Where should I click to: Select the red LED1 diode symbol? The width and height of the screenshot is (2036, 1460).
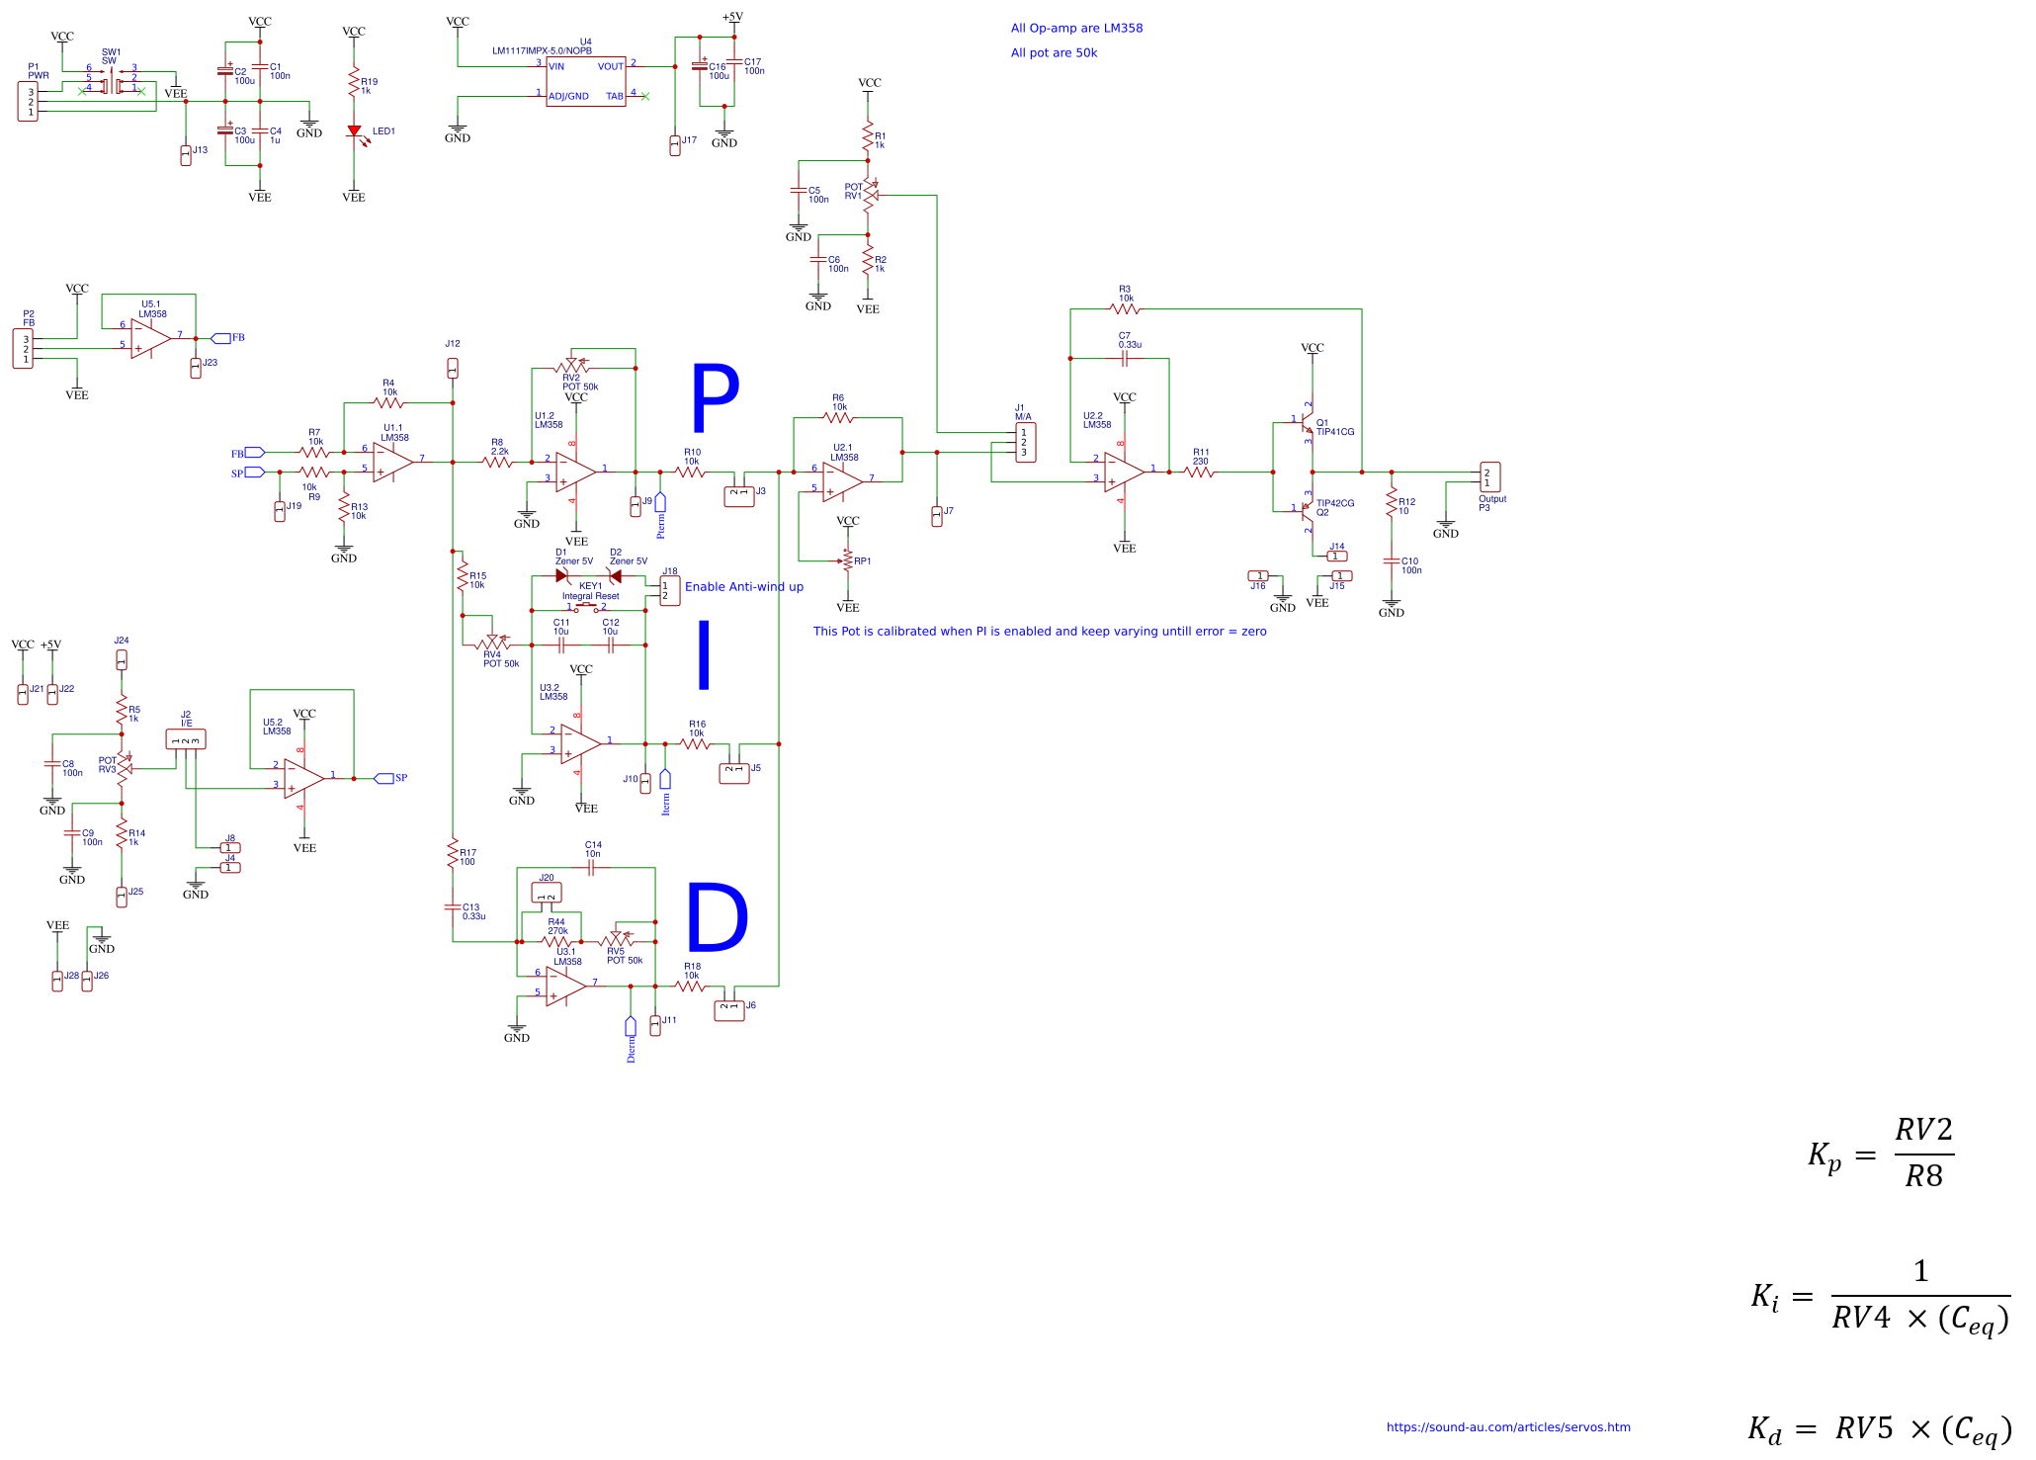click(354, 131)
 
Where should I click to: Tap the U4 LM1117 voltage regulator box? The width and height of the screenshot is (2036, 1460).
click(585, 81)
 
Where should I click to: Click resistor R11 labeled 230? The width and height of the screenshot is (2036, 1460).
click(1199, 472)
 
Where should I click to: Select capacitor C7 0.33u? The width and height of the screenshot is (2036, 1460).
click(1125, 358)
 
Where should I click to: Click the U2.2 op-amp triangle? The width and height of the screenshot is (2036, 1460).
click(1123, 472)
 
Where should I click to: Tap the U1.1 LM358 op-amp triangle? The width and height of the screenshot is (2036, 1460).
click(391, 462)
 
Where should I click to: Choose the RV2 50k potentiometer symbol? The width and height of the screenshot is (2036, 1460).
click(571, 365)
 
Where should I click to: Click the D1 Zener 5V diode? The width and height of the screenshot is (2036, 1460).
click(562, 575)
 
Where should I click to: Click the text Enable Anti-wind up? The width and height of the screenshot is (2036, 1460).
click(743, 586)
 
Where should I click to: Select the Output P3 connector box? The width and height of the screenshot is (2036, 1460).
click(1489, 477)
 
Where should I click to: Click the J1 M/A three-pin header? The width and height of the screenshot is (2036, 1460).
click(1025, 443)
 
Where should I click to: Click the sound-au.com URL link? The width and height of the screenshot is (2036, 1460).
click(1507, 1426)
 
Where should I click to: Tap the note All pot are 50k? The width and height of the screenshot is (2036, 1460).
click(1053, 53)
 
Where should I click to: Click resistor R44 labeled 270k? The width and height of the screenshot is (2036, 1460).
click(557, 941)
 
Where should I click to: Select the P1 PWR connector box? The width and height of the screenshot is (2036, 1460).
click(29, 102)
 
